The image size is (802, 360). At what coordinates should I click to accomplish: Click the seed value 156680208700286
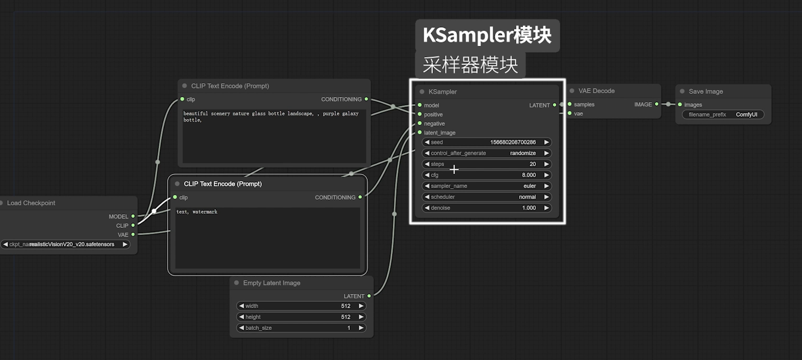coord(513,143)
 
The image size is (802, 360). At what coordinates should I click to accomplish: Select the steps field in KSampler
coord(487,164)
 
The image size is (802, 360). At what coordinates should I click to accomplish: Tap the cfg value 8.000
coord(528,175)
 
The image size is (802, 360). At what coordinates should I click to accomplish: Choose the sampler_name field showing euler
coord(487,186)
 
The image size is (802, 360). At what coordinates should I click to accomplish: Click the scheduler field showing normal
coord(487,197)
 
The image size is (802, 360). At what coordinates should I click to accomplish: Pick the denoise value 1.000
coord(529,208)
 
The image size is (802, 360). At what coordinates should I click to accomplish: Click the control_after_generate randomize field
coord(487,154)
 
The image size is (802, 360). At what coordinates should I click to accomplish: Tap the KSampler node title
coord(443,92)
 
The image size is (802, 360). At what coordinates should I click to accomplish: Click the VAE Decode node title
coord(596,91)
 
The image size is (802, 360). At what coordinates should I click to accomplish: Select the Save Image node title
coord(706,91)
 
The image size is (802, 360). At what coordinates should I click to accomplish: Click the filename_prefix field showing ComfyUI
coord(723,114)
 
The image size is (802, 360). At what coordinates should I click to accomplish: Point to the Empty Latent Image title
coord(271,283)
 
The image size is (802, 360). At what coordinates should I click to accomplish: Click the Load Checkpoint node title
coord(31,203)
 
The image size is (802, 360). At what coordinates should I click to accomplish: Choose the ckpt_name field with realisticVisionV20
coord(65,244)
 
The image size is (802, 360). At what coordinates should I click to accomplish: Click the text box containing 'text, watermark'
coord(267,238)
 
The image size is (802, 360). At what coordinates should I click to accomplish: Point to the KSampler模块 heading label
coord(487,35)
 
